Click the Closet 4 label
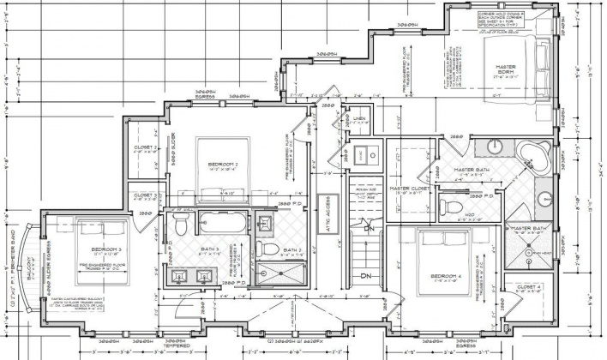click(x=529, y=287)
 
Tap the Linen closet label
click(x=358, y=118)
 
